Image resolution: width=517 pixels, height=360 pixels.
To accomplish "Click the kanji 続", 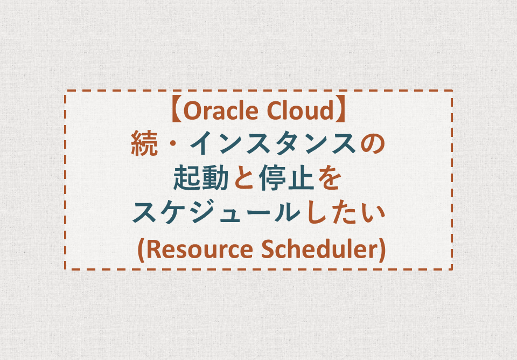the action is (144, 143).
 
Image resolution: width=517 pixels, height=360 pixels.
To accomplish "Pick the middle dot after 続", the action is (174, 144).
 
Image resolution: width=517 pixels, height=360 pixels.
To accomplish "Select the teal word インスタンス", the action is (273, 143).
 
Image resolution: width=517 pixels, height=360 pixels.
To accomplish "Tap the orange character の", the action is (373, 143).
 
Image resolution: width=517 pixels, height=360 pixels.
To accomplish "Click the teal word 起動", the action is (201, 178).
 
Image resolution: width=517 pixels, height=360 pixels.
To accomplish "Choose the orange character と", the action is (244, 178).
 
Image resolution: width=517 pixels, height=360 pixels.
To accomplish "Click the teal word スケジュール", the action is (216, 213).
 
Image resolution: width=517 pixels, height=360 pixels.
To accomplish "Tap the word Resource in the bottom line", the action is (199, 249).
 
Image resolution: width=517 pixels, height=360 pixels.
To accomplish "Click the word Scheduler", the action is (319, 249).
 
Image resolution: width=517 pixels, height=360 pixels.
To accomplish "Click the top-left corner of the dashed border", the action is (65, 91).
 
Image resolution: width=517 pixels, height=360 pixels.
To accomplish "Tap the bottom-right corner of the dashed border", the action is (452, 269).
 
